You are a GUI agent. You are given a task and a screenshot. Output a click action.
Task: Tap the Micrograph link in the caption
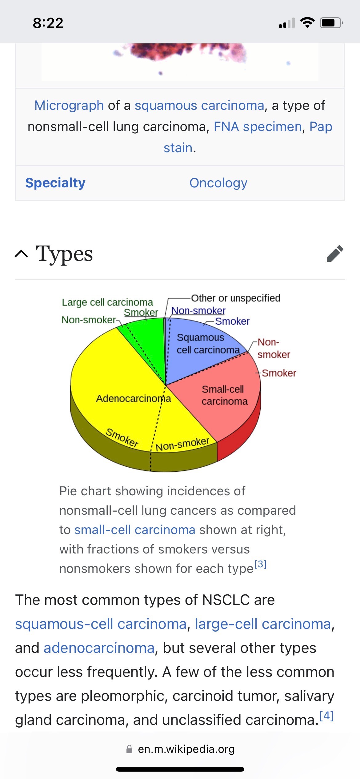pyautogui.click(x=69, y=106)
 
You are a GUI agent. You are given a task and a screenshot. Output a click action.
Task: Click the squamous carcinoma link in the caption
pyautogui.click(x=199, y=106)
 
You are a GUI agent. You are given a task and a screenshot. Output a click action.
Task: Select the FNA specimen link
pyautogui.click(x=258, y=127)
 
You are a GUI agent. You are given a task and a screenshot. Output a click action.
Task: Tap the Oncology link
pyautogui.click(x=218, y=183)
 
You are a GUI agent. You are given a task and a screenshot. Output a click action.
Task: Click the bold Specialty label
pyautogui.click(x=55, y=183)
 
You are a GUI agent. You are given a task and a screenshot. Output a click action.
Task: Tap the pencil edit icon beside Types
pyautogui.click(x=335, y=254)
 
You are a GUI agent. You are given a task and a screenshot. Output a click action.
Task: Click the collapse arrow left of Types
pyautogui.click(x=21, y=254)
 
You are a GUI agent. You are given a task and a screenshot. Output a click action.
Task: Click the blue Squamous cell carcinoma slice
pyautogui.click(x=203, y=354)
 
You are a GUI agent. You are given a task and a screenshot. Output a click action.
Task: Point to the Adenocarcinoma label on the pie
pyautogui.click(x=133, y=399)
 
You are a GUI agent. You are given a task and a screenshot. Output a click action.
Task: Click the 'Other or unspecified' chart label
pyautogui.click(x=236, y=298)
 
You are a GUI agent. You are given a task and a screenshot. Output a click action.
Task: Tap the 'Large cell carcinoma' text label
pyautogui.click(x=107, y=302)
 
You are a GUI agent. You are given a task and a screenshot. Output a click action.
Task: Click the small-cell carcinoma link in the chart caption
pyautogui.click(x=135, y=530)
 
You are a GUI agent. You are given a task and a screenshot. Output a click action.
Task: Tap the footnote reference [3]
pyautogui.click(x=260, y=565)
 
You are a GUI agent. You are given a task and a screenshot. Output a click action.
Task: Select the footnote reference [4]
pyautogui.click(x=326, y=716)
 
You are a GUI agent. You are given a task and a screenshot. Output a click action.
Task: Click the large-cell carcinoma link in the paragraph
pyautogui.click(x=263, y=624)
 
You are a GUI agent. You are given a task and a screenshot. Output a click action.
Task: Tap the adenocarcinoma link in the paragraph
pyautogui.click(x=99, y=648)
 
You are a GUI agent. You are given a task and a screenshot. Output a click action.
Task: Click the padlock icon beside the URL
pyautogui.click(x=129, y=749)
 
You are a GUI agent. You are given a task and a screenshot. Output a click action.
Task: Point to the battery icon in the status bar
pyautogui.click(x=331, y=23)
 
